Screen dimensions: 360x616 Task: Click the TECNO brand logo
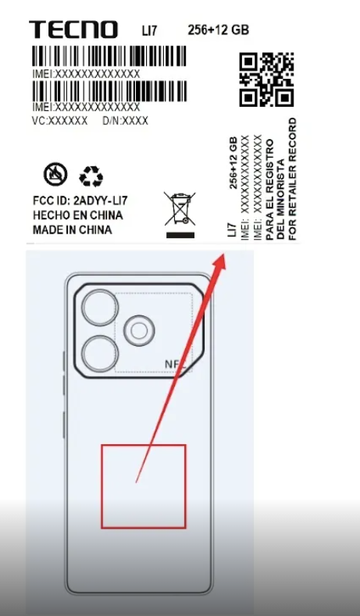(73, 30)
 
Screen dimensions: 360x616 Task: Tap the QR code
(266, 80)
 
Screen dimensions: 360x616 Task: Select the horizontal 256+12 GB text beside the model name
(218, 30)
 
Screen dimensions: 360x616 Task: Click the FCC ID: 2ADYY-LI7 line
(80, 201)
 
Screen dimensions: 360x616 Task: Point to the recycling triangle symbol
(91, 176)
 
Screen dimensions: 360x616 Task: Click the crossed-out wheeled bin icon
(180, 208)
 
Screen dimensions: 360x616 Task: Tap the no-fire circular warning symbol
(55, 174)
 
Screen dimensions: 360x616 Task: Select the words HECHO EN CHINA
(78, 215)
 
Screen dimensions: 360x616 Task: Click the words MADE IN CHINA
(73, 230)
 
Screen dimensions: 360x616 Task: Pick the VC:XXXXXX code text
(59, 121)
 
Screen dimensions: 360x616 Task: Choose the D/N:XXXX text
(126, 121)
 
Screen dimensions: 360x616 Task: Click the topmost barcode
(109, 56)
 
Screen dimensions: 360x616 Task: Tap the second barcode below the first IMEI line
(109, 91)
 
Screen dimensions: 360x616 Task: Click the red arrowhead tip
(224, 255)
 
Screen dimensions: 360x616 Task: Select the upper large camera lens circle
(100, 308)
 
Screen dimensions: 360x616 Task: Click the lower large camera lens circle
(100, 354)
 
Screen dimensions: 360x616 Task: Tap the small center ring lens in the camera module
(139, 331)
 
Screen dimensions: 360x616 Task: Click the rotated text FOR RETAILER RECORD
(292, 179)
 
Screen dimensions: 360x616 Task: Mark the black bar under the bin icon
(180, 235)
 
